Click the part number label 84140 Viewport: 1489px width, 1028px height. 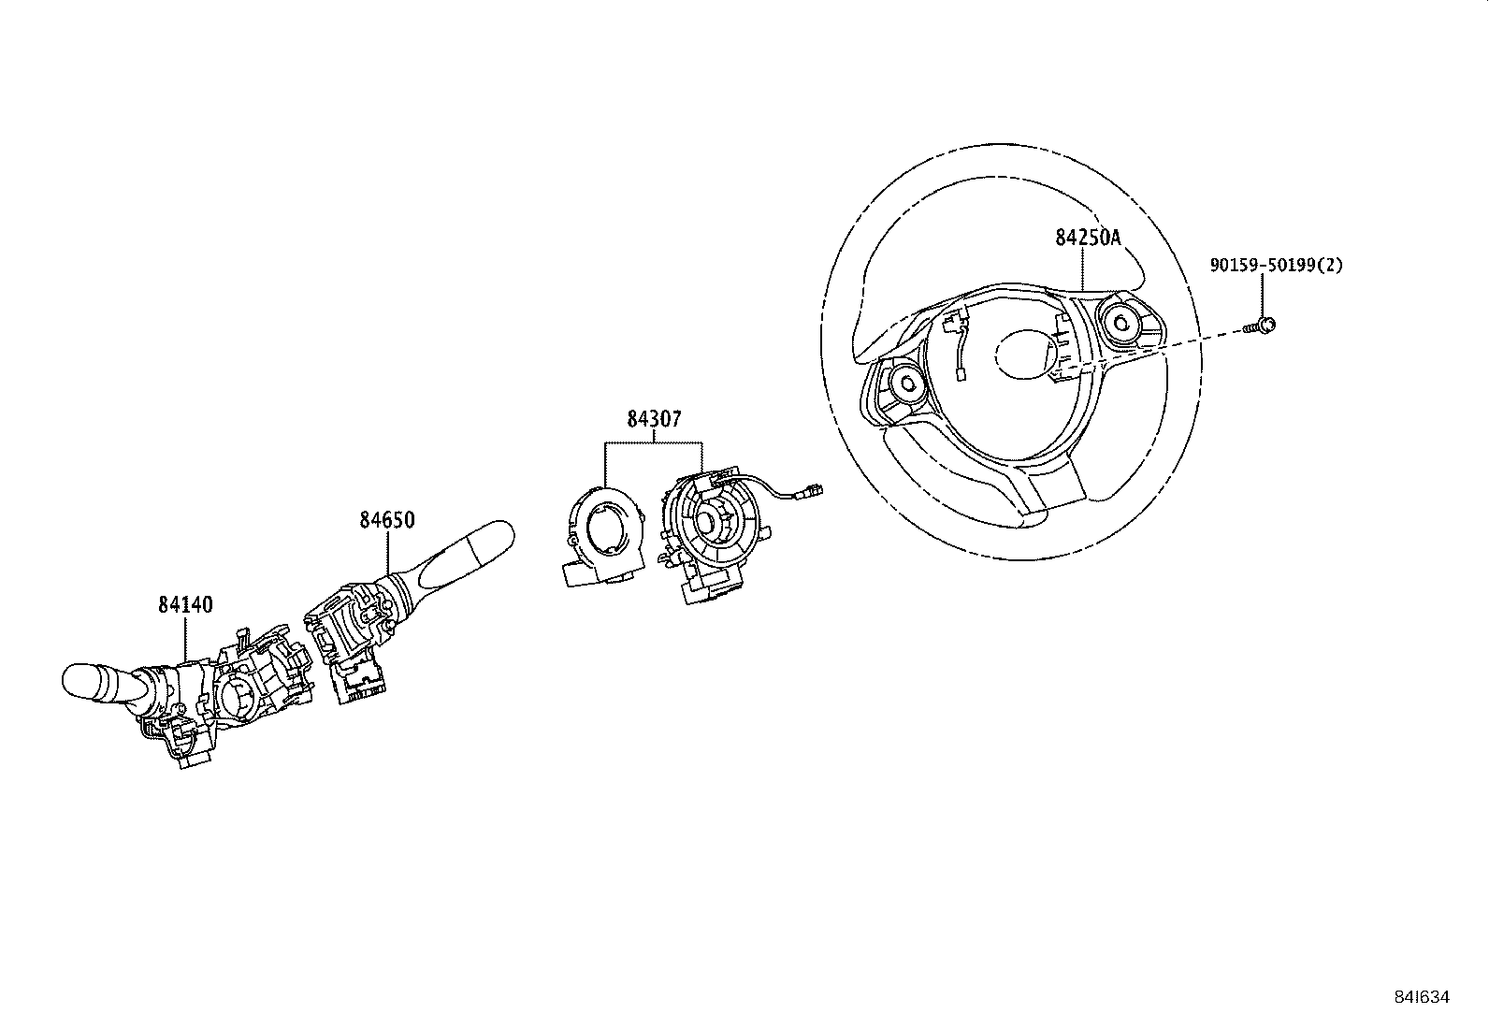coord(184,605)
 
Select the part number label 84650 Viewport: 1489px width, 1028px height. coord(386,520)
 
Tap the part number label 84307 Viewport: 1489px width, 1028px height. coord(654,420)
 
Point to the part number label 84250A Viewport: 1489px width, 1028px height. coord(1088,238)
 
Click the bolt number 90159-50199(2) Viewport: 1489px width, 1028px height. coord(1276,266)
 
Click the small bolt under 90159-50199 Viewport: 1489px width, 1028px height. coord(1265,325)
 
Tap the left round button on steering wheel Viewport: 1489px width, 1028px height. coord(906,381)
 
